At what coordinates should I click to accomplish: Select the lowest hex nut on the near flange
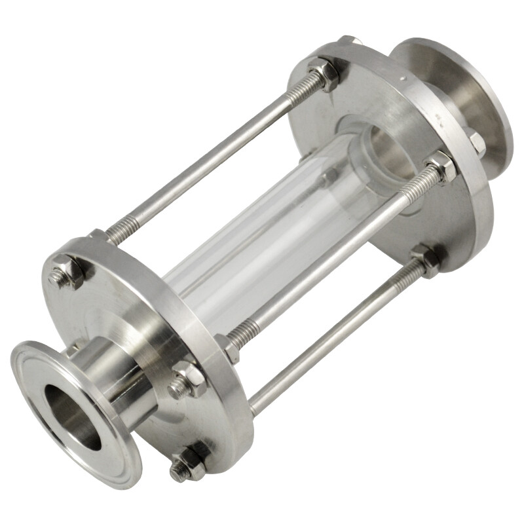pos(189,462)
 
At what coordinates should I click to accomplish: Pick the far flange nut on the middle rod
pos(440,167)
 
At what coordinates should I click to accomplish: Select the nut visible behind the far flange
pos(477,143)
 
